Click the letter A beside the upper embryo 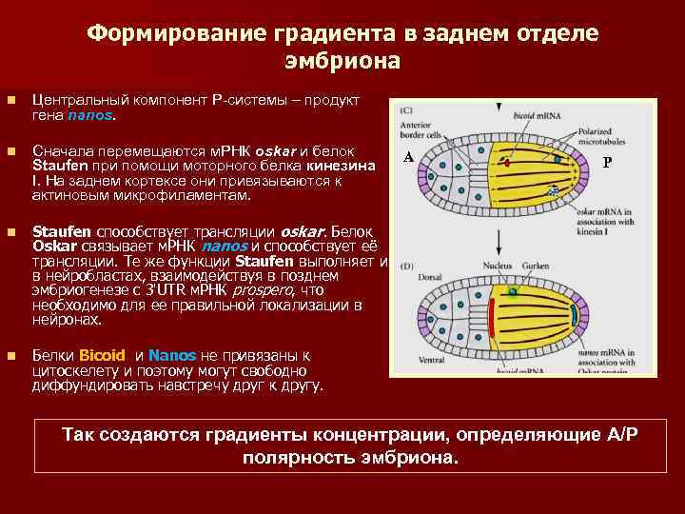(x=407, y=158)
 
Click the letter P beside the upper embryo (x=607, y=162)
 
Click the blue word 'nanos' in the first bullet (x=89, y=115)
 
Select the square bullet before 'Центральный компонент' (x=10, y=100)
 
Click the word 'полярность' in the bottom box (x=287, y=457)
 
